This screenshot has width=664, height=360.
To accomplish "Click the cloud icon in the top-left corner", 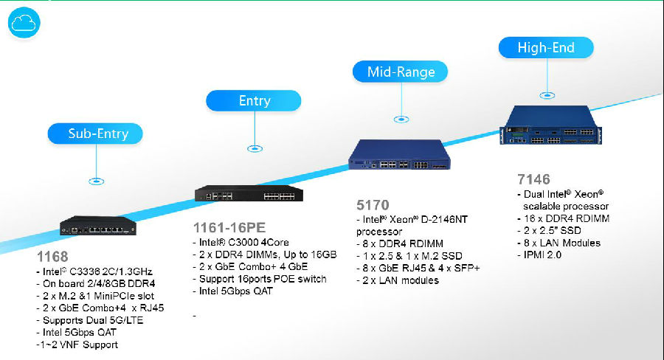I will [x=24, y=22].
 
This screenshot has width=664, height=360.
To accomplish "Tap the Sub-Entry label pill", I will [x=94, y=134].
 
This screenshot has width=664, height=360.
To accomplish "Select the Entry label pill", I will [x=253, y=100].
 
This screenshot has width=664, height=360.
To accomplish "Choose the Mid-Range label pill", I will [x=401, y=72].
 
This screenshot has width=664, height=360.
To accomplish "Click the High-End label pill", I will [x=546, y=48].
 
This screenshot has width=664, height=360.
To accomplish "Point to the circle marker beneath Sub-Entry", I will [x=95, y=180].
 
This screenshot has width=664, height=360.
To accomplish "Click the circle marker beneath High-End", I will [x=547, y=94].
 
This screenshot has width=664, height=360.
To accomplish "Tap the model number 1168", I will [x=52, y=257].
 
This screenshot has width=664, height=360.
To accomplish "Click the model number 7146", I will [x=533, y=179].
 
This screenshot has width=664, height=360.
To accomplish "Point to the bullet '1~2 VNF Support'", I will [x=77, y=345].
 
